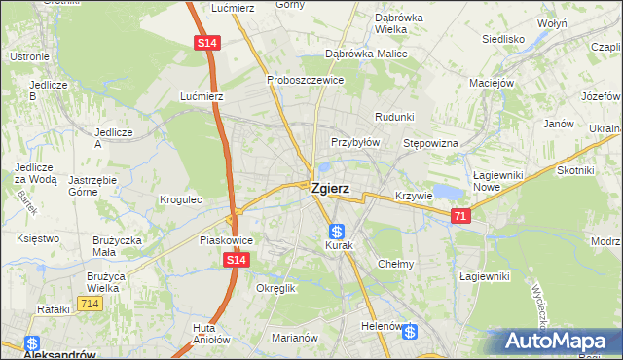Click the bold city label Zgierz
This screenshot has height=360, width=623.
pyautogui.click(x=330, y=191)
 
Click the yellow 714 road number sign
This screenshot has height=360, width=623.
pyautogui.click(x=90, y=305)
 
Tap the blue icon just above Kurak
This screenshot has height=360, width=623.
pyautogui.click(x=336, y=232)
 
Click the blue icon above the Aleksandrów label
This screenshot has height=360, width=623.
pyautogui.click(x=31, y=343)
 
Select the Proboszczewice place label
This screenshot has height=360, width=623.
pyautogui.click(x=305, y=80)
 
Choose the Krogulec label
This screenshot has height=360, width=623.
pyautogui.click(x=180, y=199)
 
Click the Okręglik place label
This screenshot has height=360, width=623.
pyautogui.click(x=275, y=289)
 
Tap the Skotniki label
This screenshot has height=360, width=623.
pyautogui.click(x=575, y=170)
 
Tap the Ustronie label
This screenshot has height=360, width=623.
pyautogui.click(x=29, y=57)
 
